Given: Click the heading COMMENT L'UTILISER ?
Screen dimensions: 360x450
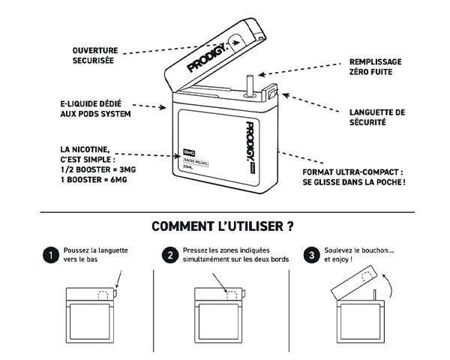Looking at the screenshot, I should pyautogui.click(x=222, y=226).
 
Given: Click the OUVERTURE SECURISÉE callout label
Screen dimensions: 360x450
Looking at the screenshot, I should pyautogui.click(x=94, y=55).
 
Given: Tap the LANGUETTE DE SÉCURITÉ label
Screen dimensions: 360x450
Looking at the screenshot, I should pyautogui.click(x=377, y=117).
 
